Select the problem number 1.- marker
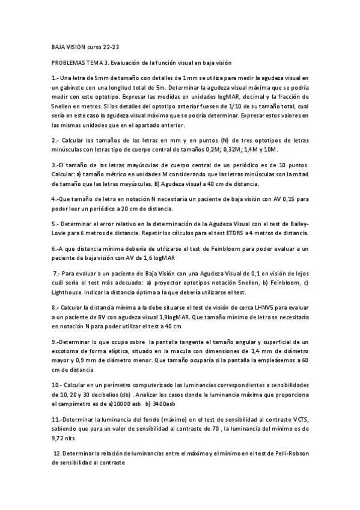(55, 78)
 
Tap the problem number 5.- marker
(55, 223)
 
